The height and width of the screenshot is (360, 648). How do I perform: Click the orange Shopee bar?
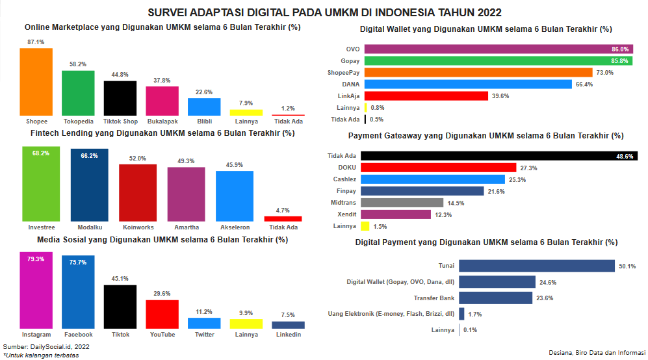pos(36,81)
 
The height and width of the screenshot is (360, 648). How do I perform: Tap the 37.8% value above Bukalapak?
pos(162,81)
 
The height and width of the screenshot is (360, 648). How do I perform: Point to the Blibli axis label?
pos(203,122)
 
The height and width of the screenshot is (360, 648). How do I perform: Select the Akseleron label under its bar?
pos(235,227)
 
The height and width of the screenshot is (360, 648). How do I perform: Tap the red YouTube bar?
pos(162,314)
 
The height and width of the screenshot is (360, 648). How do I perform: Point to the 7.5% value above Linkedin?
pos(288,315)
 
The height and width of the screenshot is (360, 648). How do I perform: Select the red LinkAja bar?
pos(426,96)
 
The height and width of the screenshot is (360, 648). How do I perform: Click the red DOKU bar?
pos(438,168)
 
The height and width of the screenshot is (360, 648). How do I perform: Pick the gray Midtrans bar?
pos(402,203)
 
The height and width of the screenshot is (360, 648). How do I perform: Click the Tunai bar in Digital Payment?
pos(536,266)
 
